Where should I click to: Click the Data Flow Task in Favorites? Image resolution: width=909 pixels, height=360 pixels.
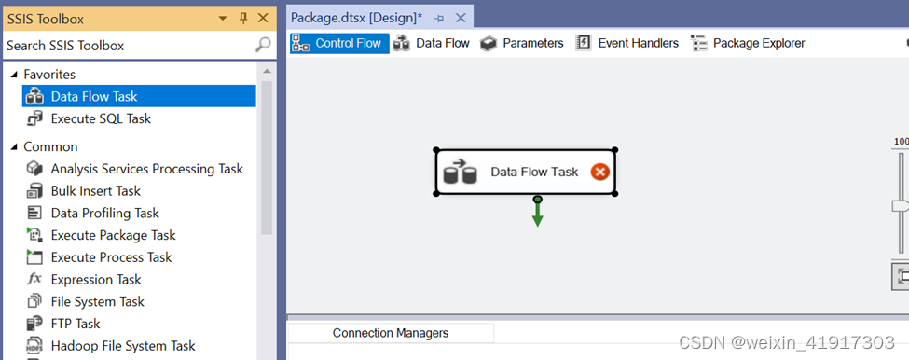point(94,96)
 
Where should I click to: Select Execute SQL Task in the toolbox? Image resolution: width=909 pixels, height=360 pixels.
point(101,118)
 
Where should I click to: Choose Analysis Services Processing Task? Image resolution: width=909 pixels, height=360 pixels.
point(146,169)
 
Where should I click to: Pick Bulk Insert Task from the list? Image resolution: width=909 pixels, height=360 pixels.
point(95,191)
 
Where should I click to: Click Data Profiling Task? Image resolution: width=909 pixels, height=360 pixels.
point(104,213)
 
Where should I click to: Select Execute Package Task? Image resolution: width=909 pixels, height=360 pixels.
point(113,235)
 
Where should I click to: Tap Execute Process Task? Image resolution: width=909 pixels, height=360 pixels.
point(111,257)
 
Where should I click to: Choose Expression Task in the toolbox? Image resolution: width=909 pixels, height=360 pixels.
point(96,280)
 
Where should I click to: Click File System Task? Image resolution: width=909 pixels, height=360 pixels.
point(97,301)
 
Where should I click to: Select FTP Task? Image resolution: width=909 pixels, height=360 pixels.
point(76,324)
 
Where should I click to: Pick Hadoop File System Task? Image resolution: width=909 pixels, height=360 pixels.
point(123,346)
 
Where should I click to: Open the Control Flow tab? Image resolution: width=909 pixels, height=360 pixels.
point(339,43)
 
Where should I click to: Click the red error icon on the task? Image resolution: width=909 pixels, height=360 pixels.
point(600,172)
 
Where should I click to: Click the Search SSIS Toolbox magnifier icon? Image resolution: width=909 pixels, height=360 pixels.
point(264,45)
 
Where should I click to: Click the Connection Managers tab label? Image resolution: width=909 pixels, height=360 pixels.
point(390,333)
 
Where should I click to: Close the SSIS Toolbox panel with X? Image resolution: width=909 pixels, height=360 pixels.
point(263,19)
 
